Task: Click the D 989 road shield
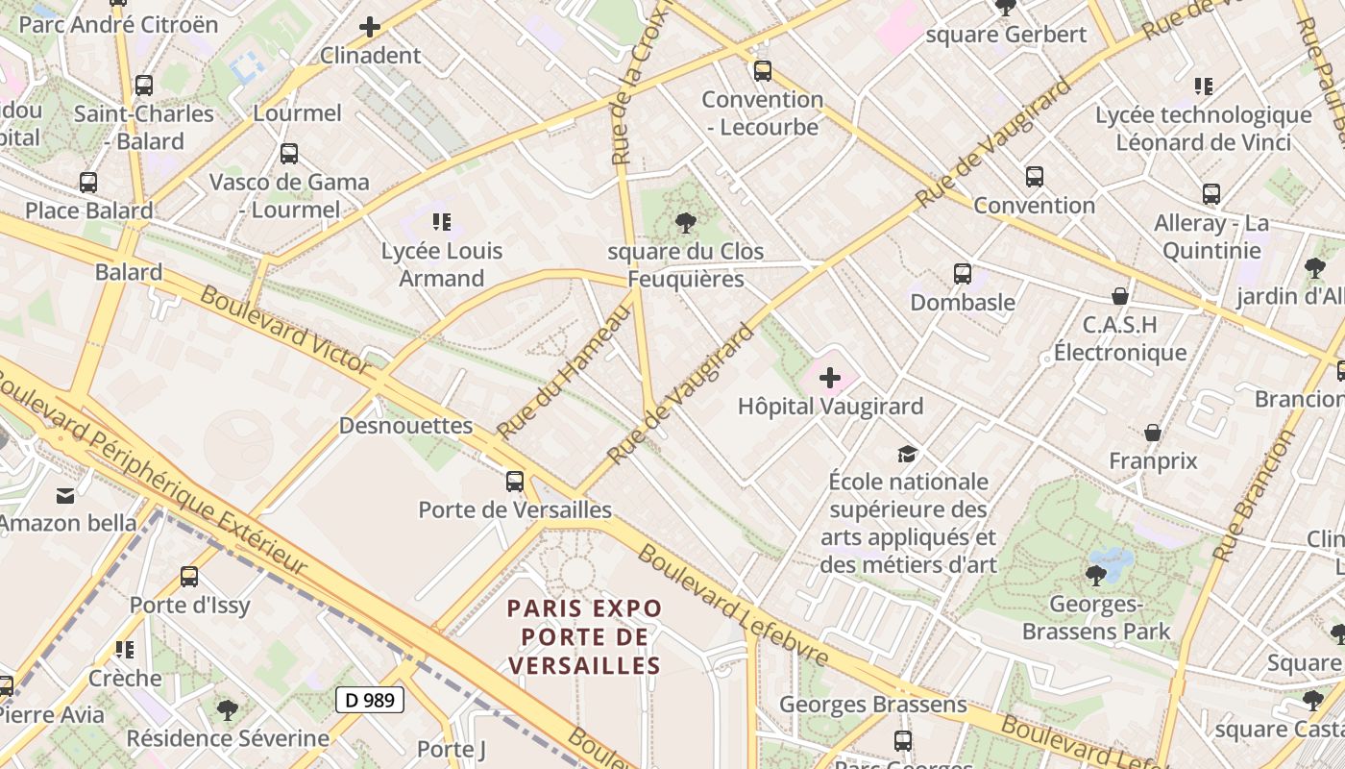click(370, 700)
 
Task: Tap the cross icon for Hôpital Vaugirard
click(830, 378)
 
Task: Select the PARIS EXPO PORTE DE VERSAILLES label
click(584, 636)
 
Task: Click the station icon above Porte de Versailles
click(515, 481)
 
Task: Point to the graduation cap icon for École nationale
click(907, 454)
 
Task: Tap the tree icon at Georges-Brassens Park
click(1095, 576)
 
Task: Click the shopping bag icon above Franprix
click(1152, 433)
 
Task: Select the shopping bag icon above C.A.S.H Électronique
click(1119, 295)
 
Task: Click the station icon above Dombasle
click(962, 273)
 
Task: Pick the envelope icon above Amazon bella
click(65, 496)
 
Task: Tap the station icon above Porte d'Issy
click(189, 577)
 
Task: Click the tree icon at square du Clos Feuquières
click(685, 223)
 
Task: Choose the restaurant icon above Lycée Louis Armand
click(441, 223)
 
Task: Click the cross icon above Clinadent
click(370, 27)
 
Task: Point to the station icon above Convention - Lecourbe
click(762, 71)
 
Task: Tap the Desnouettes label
click(406, 425)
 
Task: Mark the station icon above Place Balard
click(88, 183)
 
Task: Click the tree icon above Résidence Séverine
click(227, 710)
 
